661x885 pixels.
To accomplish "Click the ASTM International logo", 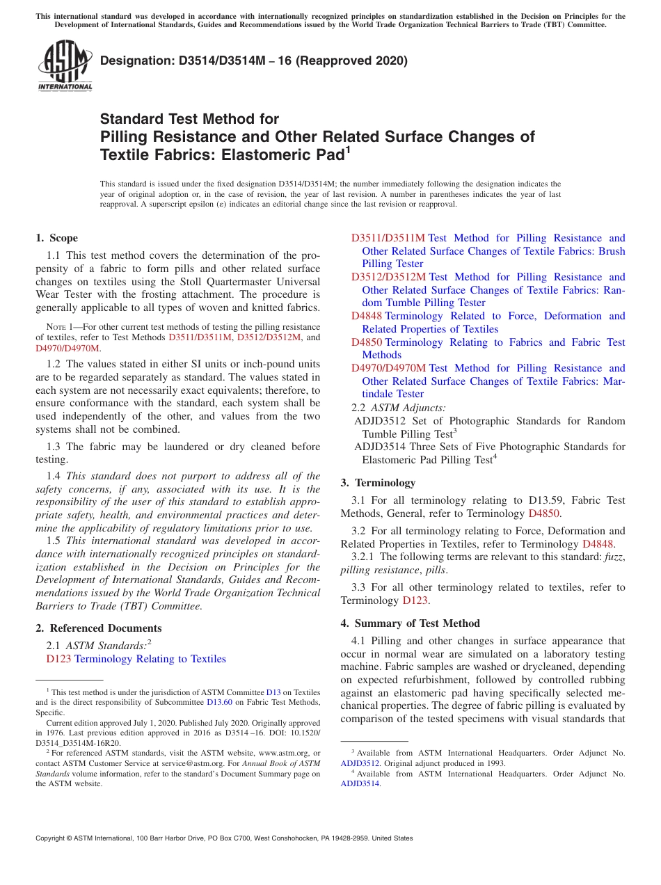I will [65, 67].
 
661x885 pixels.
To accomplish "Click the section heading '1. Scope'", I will [57, 238].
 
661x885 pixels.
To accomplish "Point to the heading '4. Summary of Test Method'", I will [411, 623].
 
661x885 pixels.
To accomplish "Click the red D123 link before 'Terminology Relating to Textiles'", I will [58, 659].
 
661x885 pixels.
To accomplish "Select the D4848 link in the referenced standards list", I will [366, 316].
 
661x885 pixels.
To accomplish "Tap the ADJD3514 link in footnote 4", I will [360, 783].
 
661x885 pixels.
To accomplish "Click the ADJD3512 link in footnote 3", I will [360, 763].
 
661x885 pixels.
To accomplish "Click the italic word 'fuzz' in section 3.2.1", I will [612, 557].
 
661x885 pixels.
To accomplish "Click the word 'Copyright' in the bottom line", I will [51, 838].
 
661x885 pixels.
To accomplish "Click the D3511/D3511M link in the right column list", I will [388, 238].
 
